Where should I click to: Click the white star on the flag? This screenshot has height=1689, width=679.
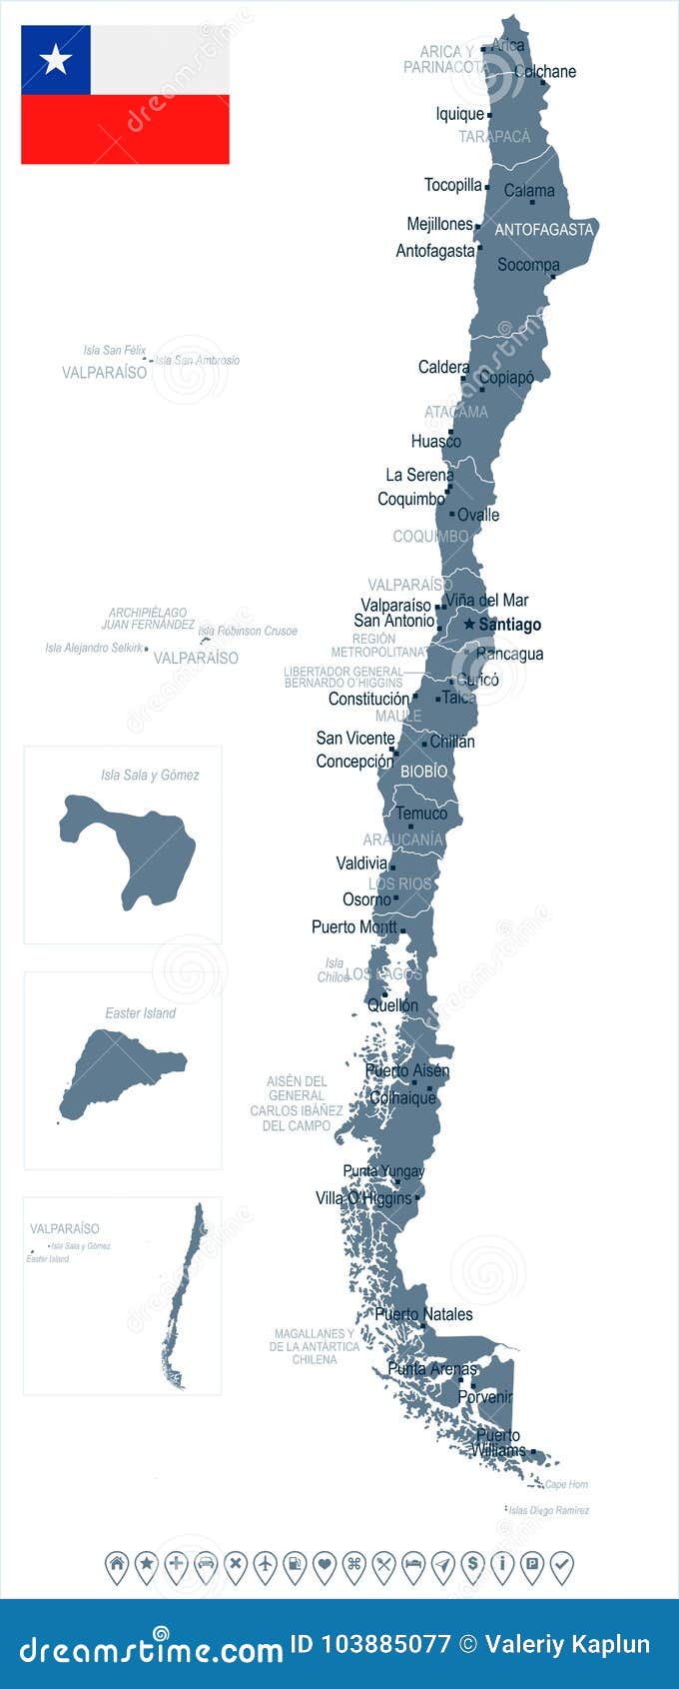coord(55,60)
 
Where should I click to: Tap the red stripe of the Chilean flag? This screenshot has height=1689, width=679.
coord(125,130)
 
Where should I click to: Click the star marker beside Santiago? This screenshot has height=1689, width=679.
coord(469,624)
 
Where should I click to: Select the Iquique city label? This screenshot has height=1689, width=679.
coord(459,114)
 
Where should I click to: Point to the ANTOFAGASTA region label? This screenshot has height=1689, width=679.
coord(544,230)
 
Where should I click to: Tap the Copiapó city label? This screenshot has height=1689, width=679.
coord(506,378)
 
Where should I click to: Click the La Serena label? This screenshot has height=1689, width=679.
coord(419,475)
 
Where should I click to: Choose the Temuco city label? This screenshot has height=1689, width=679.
coord(421,814)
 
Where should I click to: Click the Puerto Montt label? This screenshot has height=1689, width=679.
coord(353,926)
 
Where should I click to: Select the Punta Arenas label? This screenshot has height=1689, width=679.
coord(432,1368)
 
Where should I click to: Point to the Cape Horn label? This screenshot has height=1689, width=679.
coord(566,1484)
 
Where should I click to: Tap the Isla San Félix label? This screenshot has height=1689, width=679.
coord(114,350)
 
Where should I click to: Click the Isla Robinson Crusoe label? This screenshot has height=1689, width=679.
coord(248,631)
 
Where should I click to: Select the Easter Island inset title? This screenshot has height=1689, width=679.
coord(140,1012)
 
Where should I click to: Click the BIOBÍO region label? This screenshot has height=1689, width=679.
coord(423,772)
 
